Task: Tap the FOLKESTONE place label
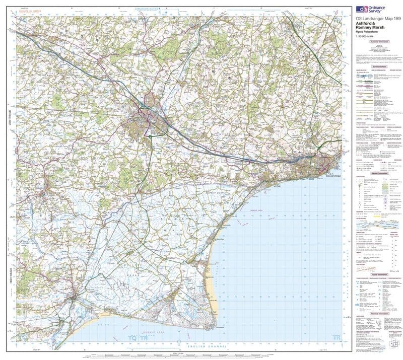pyautogui.click(x=333, y=177)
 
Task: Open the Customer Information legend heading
pyautogui.click(x=378, y=43)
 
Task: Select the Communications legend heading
pyautogui.click(x=378, y=66)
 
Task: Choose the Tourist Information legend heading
pyautogui.click(x=378, y=275)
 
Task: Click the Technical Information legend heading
pyautogui.click(x=378, y=313)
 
